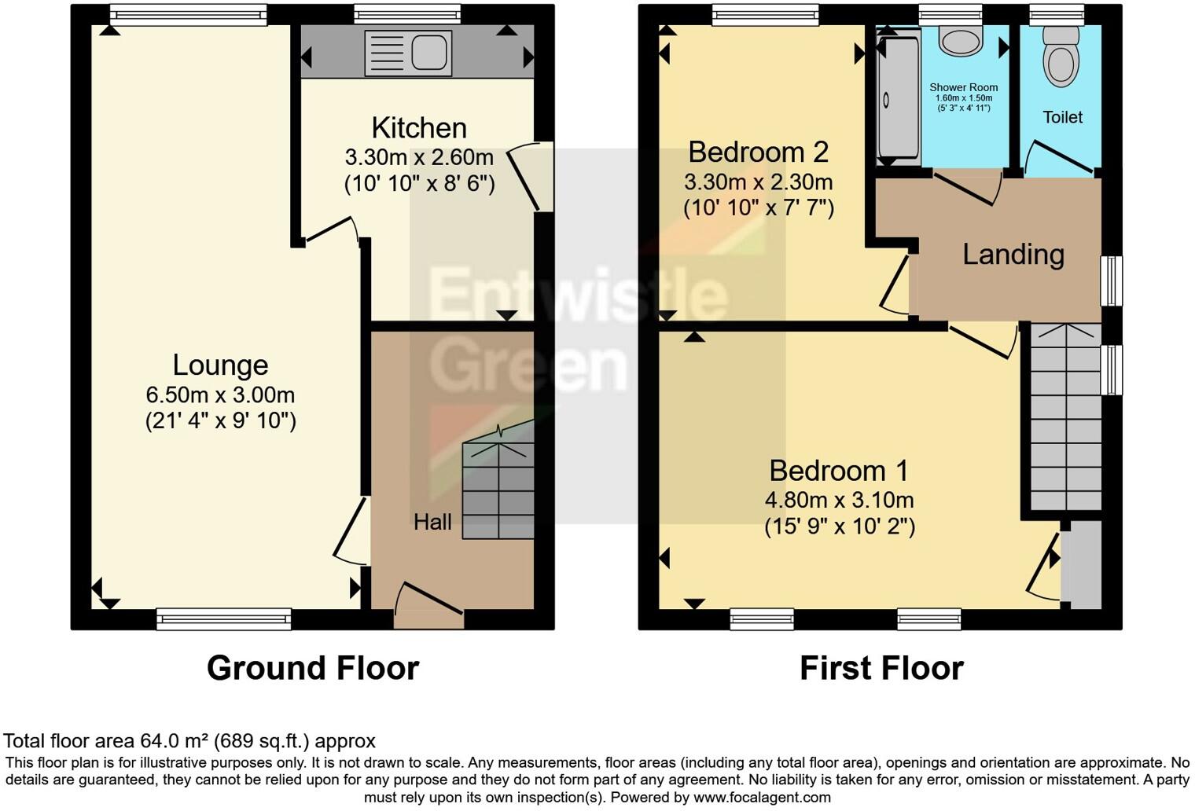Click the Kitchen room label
(419, 127)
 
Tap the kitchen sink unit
(408, 53)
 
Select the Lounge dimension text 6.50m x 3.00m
(220, 394)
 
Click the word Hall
(432, 522)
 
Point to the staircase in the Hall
(498, 490)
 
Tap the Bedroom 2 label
(758, 151)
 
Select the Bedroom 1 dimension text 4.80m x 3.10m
(839, 500)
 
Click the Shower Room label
(963, 88)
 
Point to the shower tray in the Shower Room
(898, 98)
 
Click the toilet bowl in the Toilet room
(1061, 59)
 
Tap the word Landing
(1013, 254)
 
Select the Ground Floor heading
(312, 668)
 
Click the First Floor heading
(881, 668)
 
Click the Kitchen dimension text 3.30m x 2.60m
(419, 157)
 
